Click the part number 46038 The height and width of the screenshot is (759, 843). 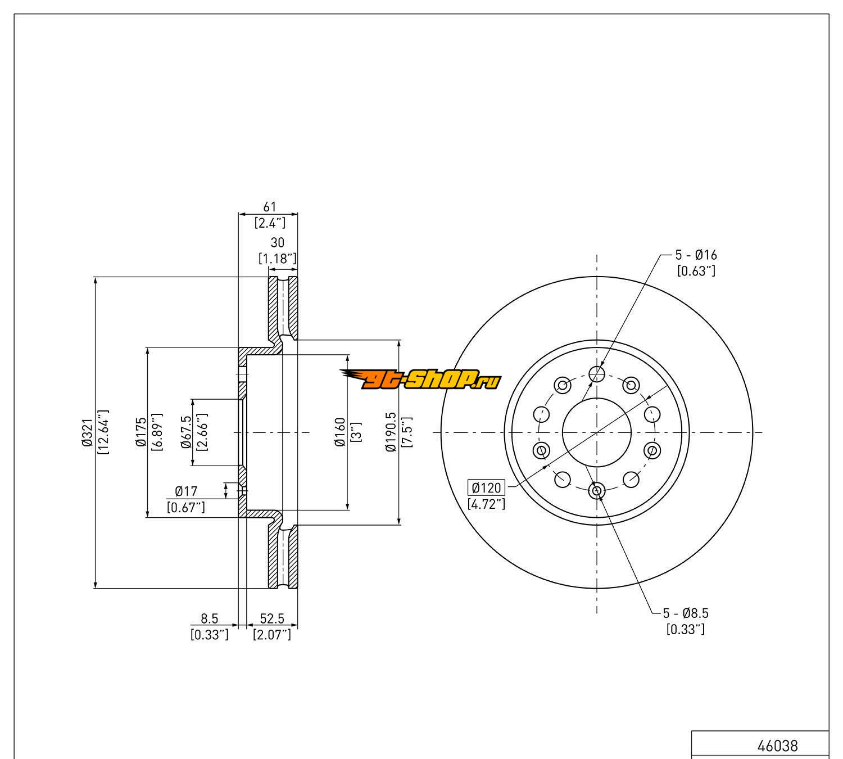click(777, 746)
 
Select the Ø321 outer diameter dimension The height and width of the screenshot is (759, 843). click(87, 432)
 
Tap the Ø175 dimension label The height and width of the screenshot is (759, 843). click(140, 432)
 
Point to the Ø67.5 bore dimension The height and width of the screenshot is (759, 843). click(187, 432)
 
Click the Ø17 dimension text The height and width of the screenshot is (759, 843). click(186, 491)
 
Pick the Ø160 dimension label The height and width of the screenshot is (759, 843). click(339, 432)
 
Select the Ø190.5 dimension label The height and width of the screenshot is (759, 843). click(391, 432)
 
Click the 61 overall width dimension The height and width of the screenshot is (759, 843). click(270, 207)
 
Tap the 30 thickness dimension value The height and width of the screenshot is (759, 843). click(278, 242)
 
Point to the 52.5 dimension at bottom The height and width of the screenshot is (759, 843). click(272, 618)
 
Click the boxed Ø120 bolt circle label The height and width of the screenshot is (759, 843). click(487, 487)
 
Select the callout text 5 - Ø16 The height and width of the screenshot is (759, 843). click(696, 255)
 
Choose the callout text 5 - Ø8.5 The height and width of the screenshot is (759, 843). click(690, 613)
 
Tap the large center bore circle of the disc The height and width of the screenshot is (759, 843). click(597, 432)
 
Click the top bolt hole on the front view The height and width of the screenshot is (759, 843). click(597, 373)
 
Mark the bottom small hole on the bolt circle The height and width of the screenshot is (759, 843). click(597, 491)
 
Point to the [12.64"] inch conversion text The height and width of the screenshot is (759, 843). click(103, 432)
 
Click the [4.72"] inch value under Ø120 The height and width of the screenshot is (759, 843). click(487, 504)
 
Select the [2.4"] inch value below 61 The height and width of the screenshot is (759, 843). click(270, 223)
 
